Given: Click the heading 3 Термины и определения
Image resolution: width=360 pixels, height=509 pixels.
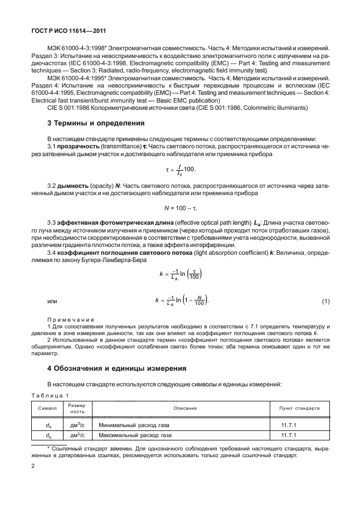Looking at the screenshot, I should coord(96,123).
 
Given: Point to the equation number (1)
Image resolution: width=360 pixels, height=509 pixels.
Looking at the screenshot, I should coord(326,302).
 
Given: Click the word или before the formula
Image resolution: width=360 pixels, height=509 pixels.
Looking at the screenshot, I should coord(52,302).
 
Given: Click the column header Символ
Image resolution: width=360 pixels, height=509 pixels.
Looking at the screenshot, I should coord(47,409).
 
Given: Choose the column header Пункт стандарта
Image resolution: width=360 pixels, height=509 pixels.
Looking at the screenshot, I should coord(299,409).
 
